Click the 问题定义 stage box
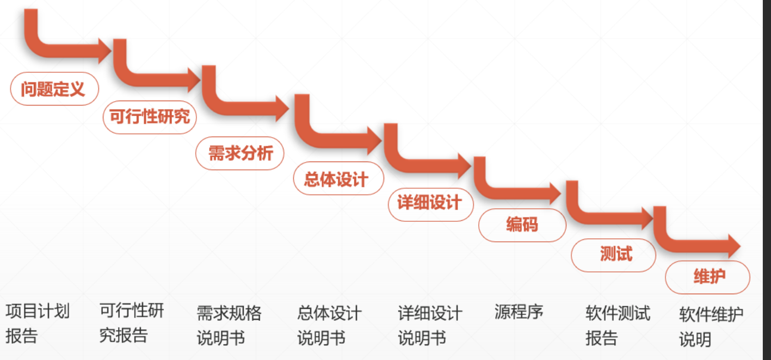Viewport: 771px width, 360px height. click(x=54, y=89)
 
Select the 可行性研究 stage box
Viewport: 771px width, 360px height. click(x=150, y=116)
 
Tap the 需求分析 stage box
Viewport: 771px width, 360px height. click(x=240, y=153)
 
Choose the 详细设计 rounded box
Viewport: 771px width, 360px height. click(x=430, y=204)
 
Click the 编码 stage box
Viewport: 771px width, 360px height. click(x=522, y=225)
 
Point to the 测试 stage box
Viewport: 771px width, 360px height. click(x=613, y=255)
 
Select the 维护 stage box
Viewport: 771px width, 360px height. click(x=707, y=277)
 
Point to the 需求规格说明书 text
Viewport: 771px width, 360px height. click(x=229, y=325)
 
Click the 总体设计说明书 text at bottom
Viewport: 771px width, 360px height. click(x=329, y=325)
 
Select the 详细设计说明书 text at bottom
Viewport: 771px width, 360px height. click(x=430, y=325)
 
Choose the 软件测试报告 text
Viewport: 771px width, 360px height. click(x=618, y=325)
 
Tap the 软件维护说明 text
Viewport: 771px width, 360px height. click(x=711, y=327)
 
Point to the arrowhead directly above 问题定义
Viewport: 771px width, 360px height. click(x=103, y=52)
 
